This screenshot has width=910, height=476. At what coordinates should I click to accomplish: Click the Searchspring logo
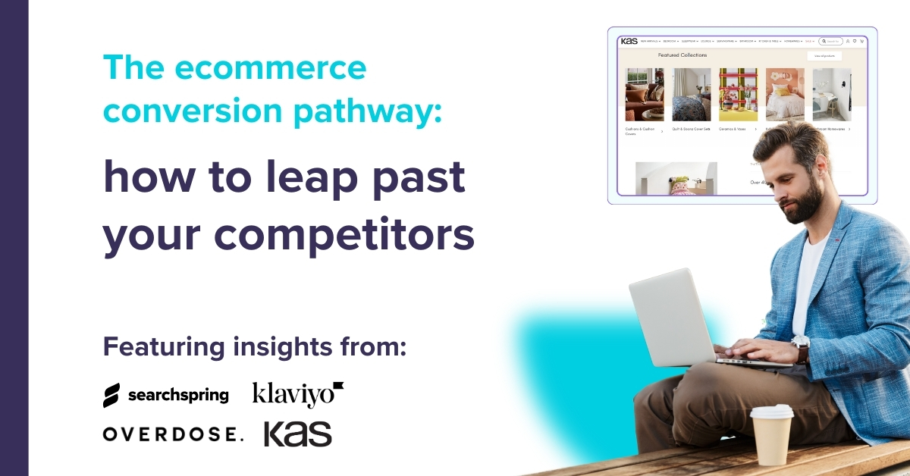click(165, 395)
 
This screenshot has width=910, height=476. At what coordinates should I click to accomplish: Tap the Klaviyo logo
click(298, 394)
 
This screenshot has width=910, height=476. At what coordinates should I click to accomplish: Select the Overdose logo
click(173, 434)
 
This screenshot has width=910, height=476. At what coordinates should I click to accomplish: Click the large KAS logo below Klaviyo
click(297, 434)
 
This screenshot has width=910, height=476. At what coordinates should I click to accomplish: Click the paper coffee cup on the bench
click(771, 434)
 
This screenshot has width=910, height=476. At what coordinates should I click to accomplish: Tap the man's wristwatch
click(800, 348)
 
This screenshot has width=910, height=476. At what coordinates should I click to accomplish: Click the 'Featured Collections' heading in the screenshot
click(682, 55)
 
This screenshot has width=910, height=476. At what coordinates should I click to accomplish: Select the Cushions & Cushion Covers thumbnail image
click(645, 95)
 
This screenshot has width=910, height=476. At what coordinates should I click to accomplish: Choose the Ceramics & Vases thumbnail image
click(738, 95)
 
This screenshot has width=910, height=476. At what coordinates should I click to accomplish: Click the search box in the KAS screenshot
click(831, 41)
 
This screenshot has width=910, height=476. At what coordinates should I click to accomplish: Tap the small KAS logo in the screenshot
click(629, 41)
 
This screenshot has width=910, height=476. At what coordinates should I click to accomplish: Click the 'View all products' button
click(824, 56)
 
